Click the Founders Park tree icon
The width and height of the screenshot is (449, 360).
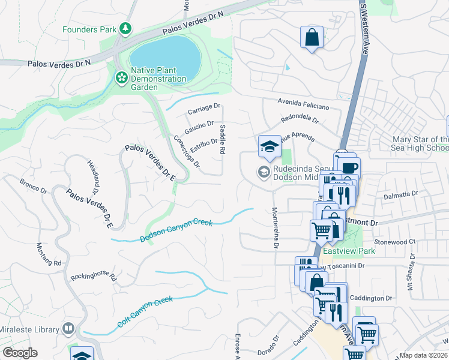click(x=125, y=28)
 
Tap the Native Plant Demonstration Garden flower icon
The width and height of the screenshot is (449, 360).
click(x=121, y=77)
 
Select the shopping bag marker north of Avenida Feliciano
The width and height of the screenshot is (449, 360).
click(x=312, y=38)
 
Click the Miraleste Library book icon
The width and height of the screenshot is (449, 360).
click(x=69, y=329)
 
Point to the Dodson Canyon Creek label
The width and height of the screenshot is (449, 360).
click(x=176, y=232)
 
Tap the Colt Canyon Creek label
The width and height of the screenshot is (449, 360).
click(x=145, y=311)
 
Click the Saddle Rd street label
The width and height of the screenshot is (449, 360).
click(x=222, y=140)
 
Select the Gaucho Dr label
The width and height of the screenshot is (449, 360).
click(x=199, y=127)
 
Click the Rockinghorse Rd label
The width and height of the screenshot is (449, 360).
click(x=93, y=276)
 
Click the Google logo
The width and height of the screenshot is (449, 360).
click(x=20, y=353)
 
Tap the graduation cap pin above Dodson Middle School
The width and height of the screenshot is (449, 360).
click(x=270, y=147)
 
